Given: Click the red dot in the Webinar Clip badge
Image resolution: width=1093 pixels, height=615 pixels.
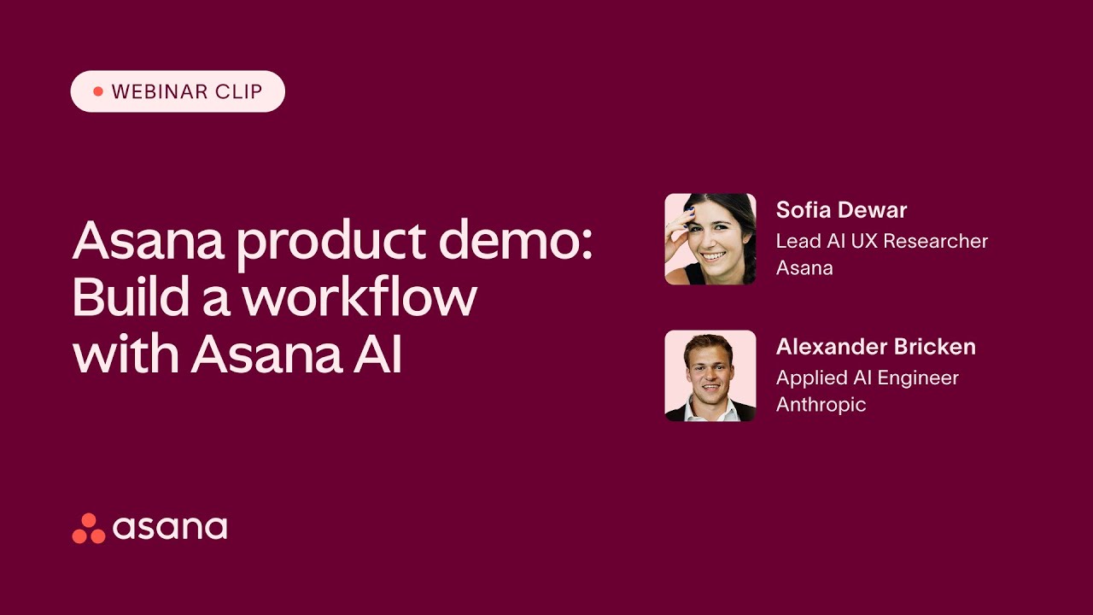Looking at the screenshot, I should [97, 91].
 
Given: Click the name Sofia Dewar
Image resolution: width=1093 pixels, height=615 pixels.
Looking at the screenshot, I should [841, 210].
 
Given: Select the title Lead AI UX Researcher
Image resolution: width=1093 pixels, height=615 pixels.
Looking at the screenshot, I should [881, 241].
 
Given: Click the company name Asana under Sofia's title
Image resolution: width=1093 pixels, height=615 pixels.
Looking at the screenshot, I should [804, 267].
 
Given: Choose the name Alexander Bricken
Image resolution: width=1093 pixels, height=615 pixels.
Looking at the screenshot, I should [875, 347].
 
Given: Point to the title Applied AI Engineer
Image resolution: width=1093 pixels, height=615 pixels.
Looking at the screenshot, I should [867, 378].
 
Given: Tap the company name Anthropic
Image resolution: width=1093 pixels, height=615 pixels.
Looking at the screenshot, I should [821, 404].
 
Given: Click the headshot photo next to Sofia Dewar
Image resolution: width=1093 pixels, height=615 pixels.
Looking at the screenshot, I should [710, 239].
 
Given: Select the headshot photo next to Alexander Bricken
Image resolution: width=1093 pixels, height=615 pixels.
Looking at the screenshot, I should [710, 376].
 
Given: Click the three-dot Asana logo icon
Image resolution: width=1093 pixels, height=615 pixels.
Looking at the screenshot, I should [89, 529].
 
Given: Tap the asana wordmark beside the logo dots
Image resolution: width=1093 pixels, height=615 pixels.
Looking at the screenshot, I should [170, 528].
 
